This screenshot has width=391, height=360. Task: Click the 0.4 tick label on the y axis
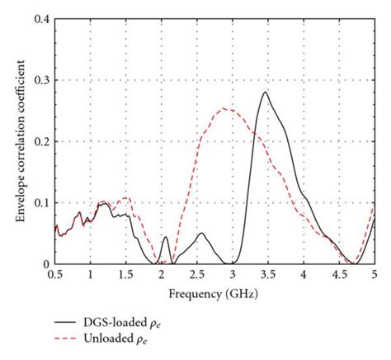[x=40, y=18]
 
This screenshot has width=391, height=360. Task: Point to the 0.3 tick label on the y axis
[x=40, y=80]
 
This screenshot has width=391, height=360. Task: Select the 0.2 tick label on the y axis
[x=40, y=141]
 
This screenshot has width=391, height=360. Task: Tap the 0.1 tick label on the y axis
[x=40, y=202]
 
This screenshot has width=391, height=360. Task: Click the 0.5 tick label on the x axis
[x=55, y=273]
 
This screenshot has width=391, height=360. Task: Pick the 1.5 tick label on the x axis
[x=126, y=273]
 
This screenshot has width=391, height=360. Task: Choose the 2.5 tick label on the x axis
[x=197, y=273]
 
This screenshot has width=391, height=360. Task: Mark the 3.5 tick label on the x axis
[x=268, y=273]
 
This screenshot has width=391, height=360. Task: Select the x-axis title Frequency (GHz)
[x=214, y=293]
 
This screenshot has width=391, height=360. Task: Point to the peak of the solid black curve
[x=266, y=92]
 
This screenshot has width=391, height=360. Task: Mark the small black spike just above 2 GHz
[x=165, y=237]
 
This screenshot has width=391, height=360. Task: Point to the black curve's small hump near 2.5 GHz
[x=200, y=233]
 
